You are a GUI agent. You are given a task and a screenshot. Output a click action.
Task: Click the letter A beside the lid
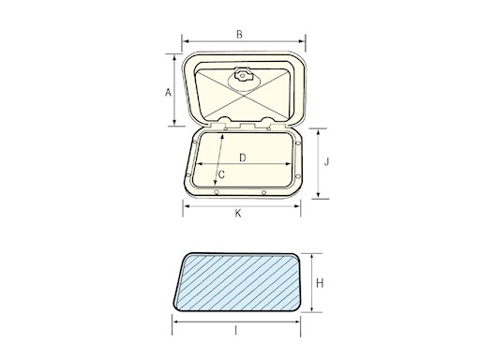pos(168,92)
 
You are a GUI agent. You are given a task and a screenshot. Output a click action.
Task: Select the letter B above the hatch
pos(240,35)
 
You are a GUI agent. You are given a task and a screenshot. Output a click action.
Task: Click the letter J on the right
pos(326,162)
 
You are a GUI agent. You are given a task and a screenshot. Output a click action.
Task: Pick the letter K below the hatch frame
pos(239,213)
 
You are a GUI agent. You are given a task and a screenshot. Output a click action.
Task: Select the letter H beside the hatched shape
pos(320,282)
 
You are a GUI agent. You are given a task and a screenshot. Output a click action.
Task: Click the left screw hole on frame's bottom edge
pos(217,191)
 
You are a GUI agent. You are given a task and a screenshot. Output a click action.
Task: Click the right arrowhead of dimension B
pos(304,42)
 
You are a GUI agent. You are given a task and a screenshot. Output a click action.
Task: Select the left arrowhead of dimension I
pos(175,322)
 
